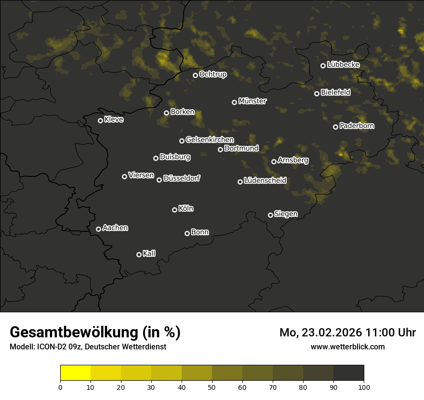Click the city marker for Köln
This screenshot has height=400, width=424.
coord(174,210)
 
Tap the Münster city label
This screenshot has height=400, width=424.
coord(252,101)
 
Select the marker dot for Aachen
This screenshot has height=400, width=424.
coord(98,229)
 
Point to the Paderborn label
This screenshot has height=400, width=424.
coord(357,126)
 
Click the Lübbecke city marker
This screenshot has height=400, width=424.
coord(323,66)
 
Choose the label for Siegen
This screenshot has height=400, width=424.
coord(286,214)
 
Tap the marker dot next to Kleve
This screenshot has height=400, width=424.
coord(100,120)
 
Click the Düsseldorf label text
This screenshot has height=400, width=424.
coord(182,178)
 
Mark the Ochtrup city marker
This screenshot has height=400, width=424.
coord(195,75)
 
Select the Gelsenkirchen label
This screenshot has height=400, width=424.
coord(210,140)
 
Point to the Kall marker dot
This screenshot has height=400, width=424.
coord(139,254)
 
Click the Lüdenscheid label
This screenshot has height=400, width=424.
coord(265,181)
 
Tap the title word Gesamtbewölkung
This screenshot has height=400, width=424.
coord(74,333)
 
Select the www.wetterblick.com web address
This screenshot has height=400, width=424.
coord(347,347)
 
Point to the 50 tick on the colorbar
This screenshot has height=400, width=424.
coord(212,387)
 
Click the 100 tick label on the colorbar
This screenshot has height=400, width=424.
coord(363,387)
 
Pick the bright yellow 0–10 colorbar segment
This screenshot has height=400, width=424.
coord(76,373)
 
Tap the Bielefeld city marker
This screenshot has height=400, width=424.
coord(317,93)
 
